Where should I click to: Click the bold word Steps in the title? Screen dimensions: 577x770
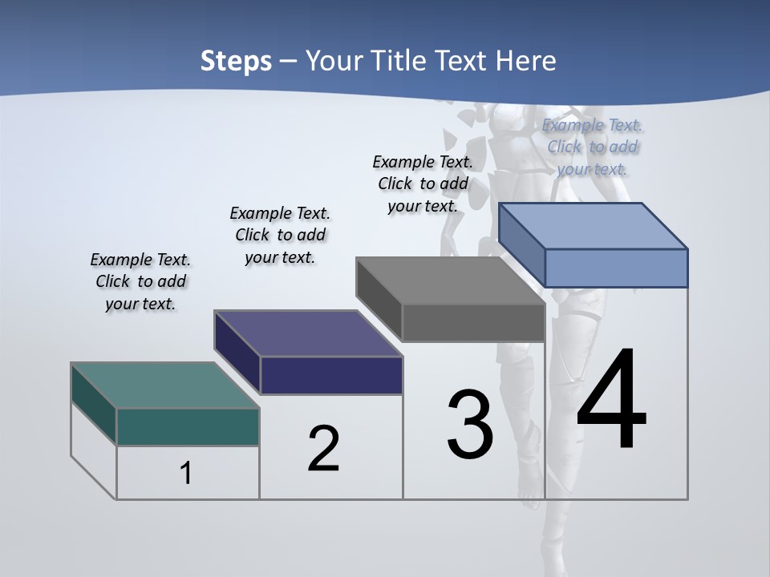pos(236,60)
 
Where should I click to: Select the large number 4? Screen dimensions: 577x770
pos(611,400)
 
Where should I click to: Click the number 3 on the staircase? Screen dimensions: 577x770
pos(470,425)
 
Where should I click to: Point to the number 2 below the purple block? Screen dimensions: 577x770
pos(324,449)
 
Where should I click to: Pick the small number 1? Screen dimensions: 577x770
pos(186,473)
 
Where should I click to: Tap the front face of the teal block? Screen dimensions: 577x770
pos(188,426)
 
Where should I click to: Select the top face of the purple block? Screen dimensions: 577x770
pos(309,333)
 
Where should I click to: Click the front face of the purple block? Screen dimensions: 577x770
pos(331,375)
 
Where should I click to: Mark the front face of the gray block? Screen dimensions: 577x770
pos(473,322)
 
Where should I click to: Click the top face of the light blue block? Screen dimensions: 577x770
pos(594,226)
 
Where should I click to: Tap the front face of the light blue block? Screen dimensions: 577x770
pos(616,268)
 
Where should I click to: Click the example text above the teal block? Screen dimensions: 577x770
pos(140,281)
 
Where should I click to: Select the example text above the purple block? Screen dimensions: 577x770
pos(280,235)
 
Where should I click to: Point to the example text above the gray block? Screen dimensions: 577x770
pos(423,184)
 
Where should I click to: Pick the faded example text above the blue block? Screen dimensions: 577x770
pos(592,147)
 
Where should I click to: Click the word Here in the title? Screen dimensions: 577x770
pos(526,60)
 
